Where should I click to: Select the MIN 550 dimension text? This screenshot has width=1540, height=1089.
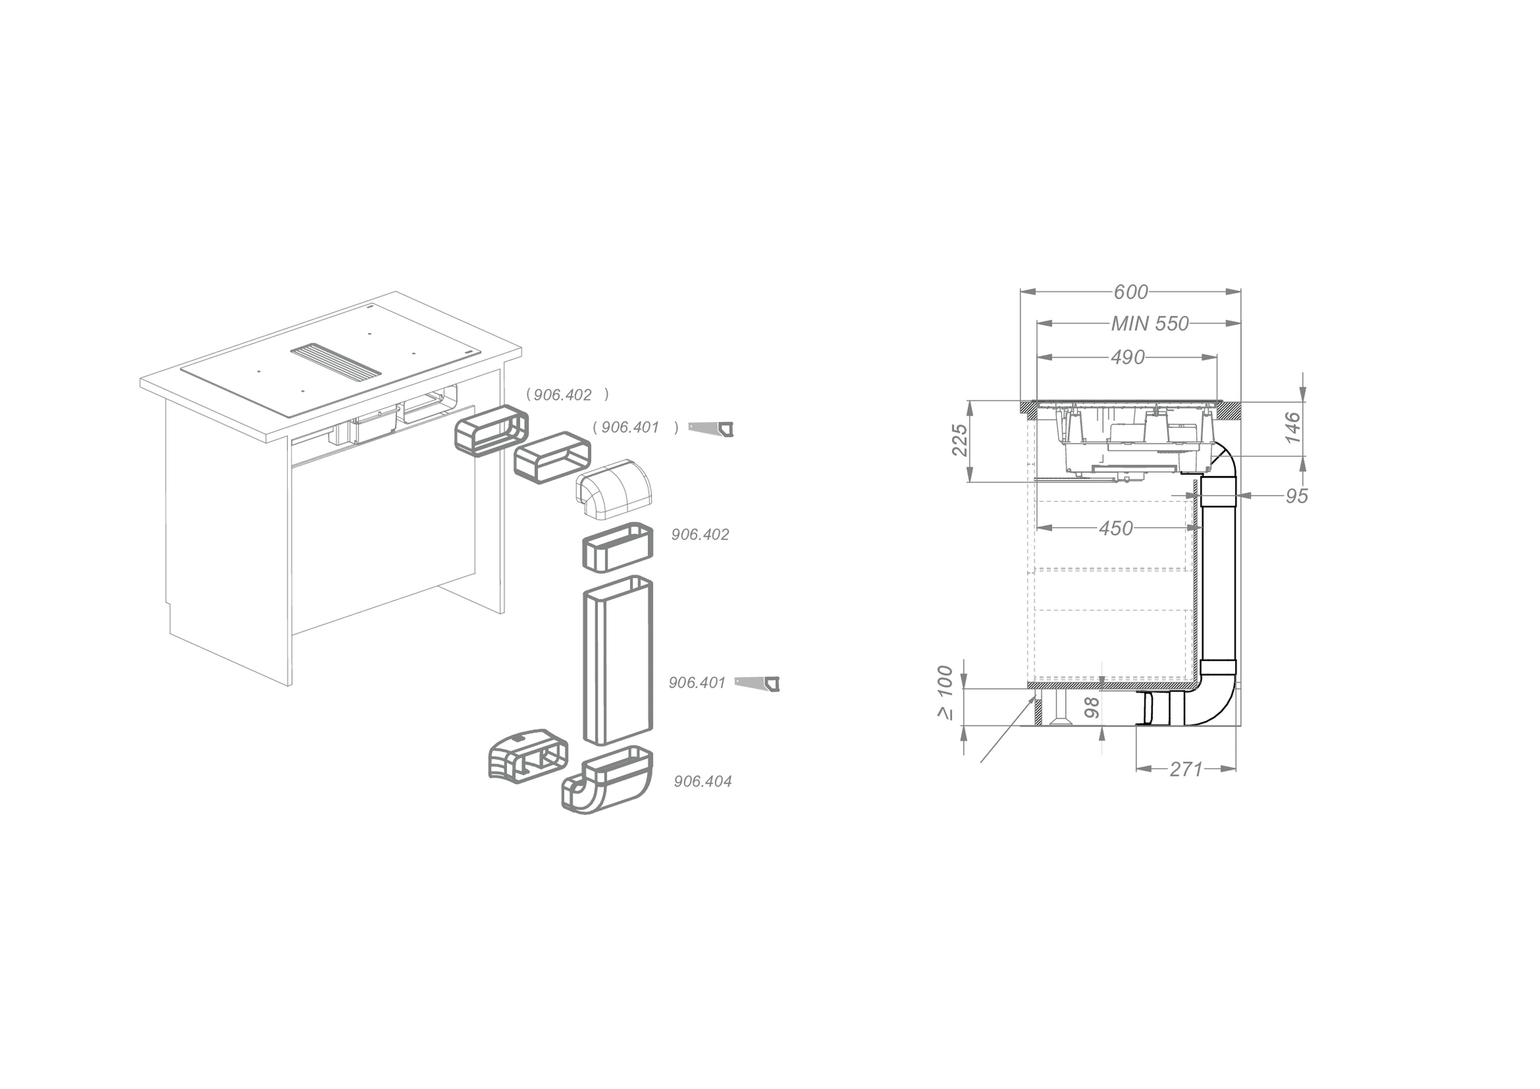coord(1150,324)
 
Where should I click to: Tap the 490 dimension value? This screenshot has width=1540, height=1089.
coord(1128,357)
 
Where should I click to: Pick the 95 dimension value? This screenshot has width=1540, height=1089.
coord(1297,496)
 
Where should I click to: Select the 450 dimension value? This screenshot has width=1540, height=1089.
coord(1115,529)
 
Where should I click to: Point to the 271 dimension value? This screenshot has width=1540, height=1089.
coord(1186,769)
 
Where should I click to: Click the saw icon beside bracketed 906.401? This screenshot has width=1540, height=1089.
coord(711,428)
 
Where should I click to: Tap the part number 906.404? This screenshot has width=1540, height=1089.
coord(702,781)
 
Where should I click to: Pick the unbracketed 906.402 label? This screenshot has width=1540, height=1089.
coord(700,534)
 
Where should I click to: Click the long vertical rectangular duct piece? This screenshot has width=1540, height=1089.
coord(617,661)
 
